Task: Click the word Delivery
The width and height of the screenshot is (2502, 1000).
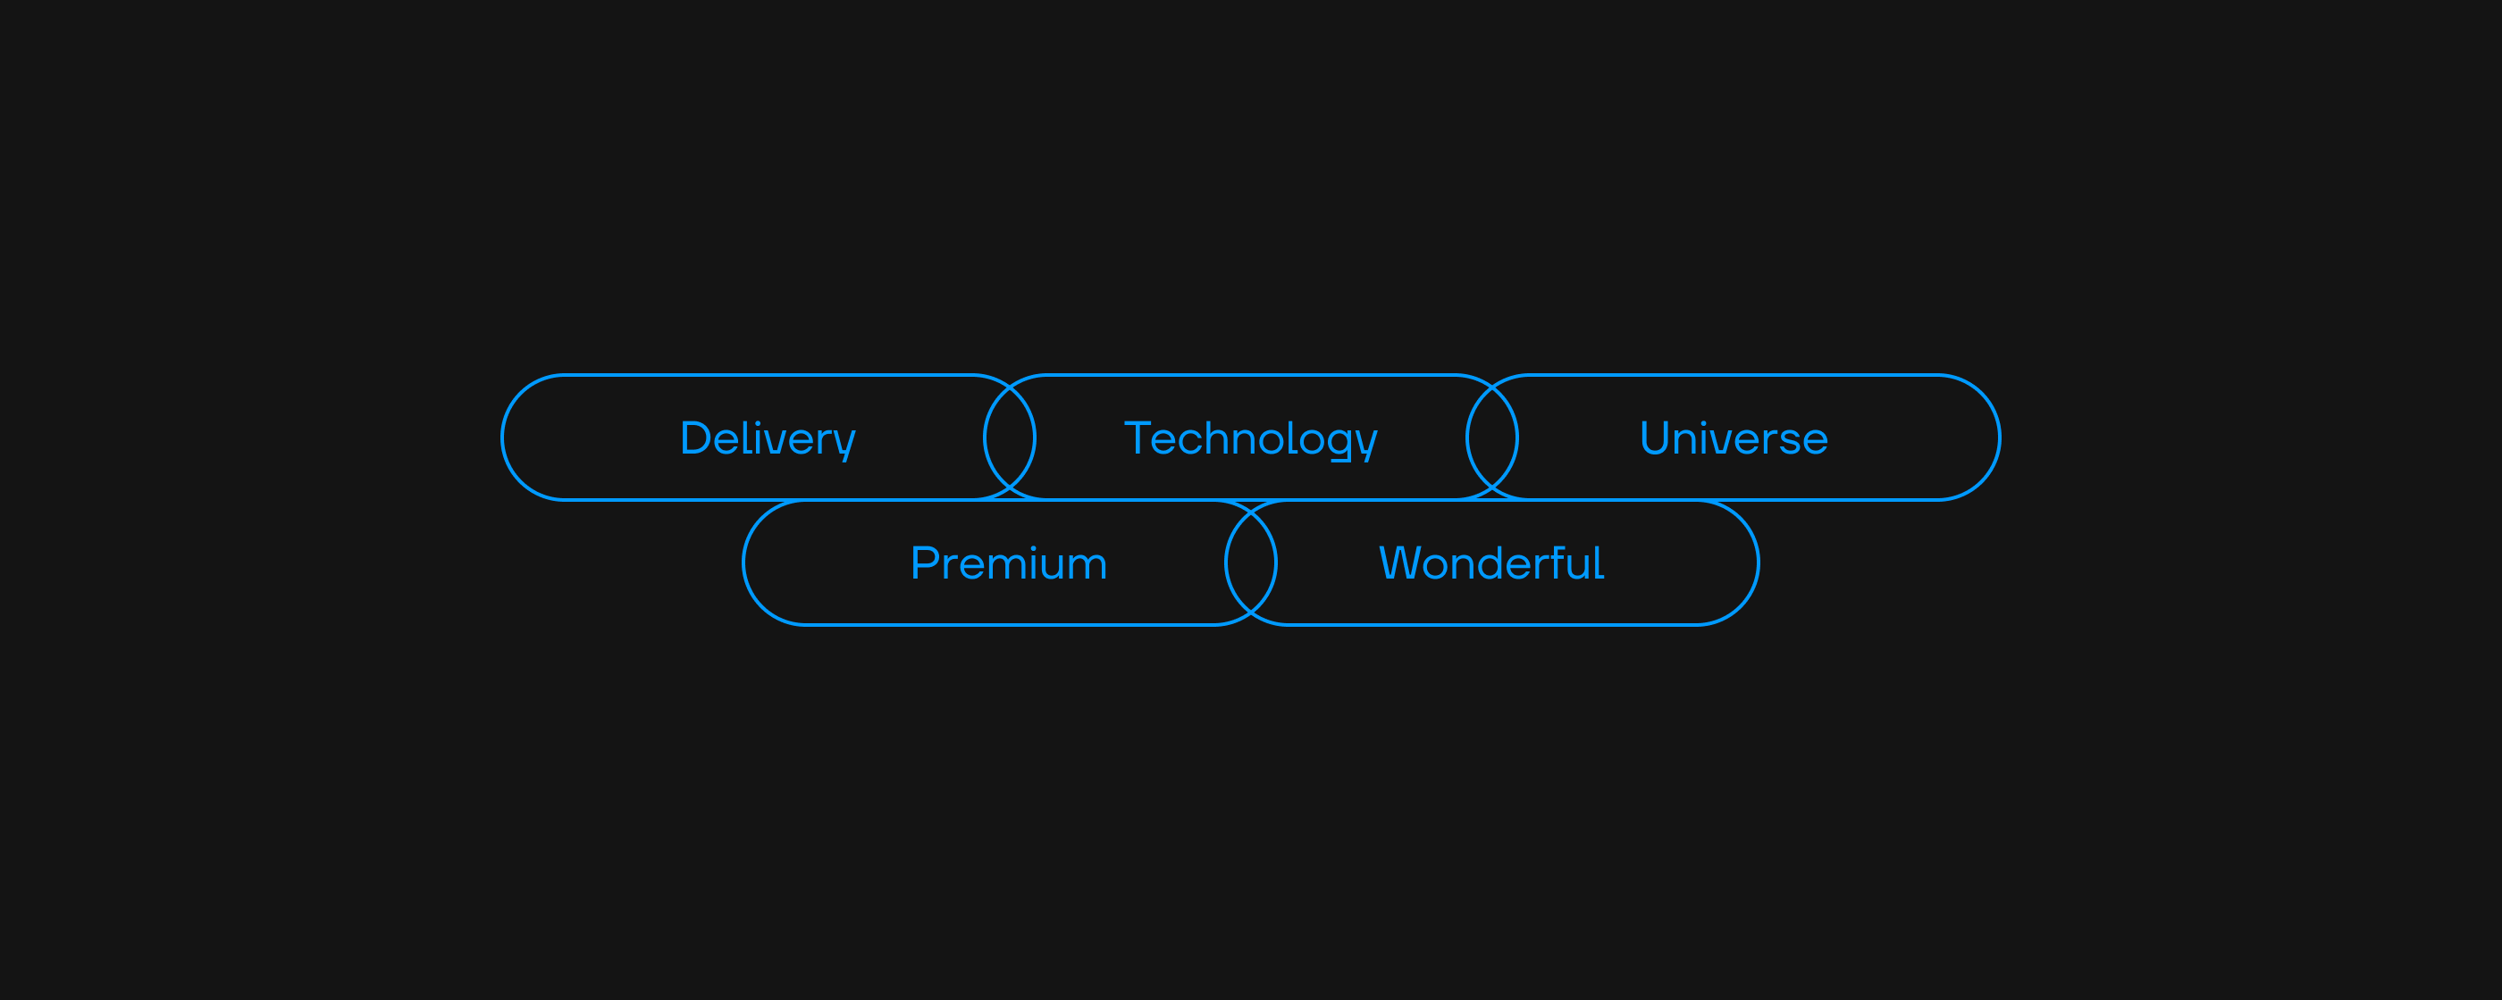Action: point(768,437)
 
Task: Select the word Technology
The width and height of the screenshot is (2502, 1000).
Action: point(1250,437)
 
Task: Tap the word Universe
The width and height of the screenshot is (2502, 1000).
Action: point(1733,437)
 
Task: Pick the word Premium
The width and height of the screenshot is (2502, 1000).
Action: point(1008,563)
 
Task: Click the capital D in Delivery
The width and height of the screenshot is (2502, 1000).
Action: point(696,437)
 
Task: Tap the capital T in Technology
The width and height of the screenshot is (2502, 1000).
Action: point(1138,437)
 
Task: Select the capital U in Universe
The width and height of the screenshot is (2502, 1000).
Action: point(1655,437)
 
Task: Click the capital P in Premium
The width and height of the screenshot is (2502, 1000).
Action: point(924,563)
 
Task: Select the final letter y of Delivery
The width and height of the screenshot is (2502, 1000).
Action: point(846,443)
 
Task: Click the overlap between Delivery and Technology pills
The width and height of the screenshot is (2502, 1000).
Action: point(1009,437)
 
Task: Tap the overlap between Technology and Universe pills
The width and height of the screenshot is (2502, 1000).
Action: point(1492,437)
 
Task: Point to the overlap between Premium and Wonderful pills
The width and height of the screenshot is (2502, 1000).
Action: point(1251,563)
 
